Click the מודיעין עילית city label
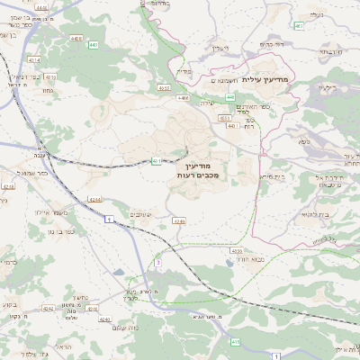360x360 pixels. [288, 81]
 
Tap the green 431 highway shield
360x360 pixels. [156, 161]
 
